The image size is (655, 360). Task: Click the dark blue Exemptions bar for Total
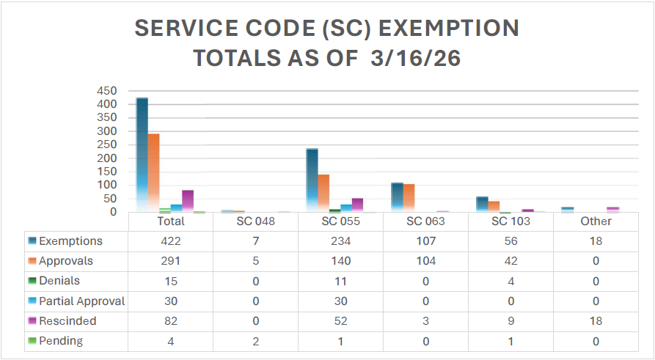pos(142,155)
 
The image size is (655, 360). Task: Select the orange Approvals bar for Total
pos(153,173)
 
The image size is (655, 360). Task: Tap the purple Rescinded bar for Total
pos(188,201)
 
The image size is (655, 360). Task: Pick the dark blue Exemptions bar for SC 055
pos(312,180)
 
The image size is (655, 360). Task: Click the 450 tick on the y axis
pos(107,91)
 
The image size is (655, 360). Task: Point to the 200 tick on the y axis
pos(107,158)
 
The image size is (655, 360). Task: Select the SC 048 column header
pos(255,221)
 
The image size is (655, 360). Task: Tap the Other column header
pos(596,221)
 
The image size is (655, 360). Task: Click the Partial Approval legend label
pos(81,301)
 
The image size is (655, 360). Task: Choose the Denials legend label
pos(59,281)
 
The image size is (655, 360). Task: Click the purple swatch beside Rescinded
pos(32,321)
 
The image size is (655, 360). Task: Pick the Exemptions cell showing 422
pos(170,241)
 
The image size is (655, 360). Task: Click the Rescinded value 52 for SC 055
pos(340,321)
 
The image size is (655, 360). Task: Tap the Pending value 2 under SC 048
pos(255,341)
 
